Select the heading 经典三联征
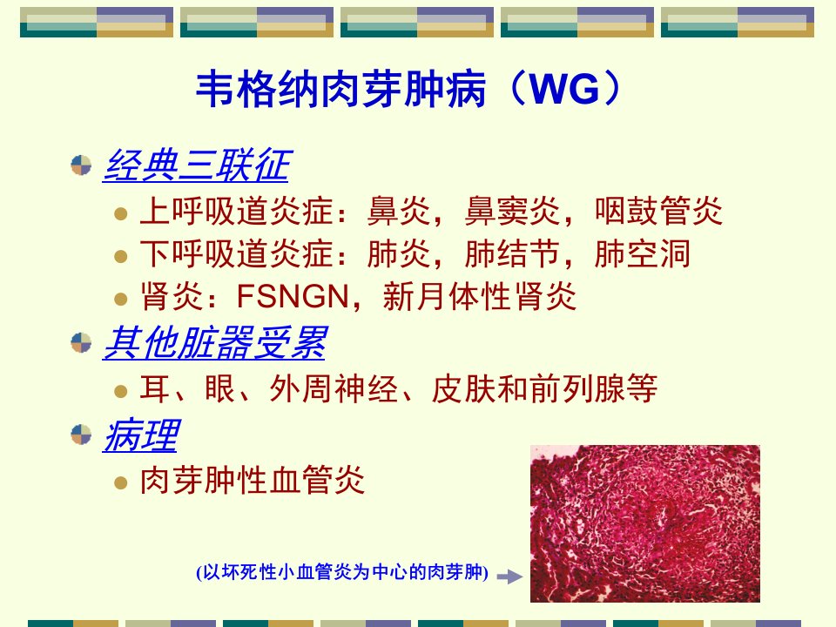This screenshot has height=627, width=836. pyautogui.click(x=196, y=165)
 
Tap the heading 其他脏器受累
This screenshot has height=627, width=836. pyautogui.click(x=214, y=342)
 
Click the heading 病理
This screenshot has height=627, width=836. pyautogui.click(x=141, y=435)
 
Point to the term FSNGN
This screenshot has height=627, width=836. pyautogui.click(x=293, y=296)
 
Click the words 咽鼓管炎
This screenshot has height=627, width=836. pyautogui.click(x=658, y=211)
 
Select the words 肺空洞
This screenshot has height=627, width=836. pyautogui.click(x=643, y=253)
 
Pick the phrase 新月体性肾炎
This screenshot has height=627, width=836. pyautogui.click(x=480, y=296)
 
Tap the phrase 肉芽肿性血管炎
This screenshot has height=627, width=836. pyautogui.click(x=253, y=480)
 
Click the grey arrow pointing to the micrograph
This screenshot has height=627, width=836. pyautogui.click(x=509, y=576)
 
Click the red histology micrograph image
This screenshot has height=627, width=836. pyautogui.click(x=645, y=523)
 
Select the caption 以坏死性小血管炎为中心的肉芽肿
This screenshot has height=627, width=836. pyautogui.click(x=342, y=572)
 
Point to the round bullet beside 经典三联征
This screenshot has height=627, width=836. pyautogui.click(x=81, y=165)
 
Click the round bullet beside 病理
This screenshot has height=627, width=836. pyautogui.click(x=81, y=435)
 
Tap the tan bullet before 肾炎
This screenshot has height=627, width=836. pyautogui.click(x=121, y=299)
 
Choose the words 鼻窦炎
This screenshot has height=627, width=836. pyautogui.click(x=512, y=211)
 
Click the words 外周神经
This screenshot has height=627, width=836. pyautogui.click(x=334, y=388)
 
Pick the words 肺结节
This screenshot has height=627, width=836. pyautogui.click(x=512, y=253)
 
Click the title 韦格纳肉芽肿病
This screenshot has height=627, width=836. pyautogui.click(x=341, y=89)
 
